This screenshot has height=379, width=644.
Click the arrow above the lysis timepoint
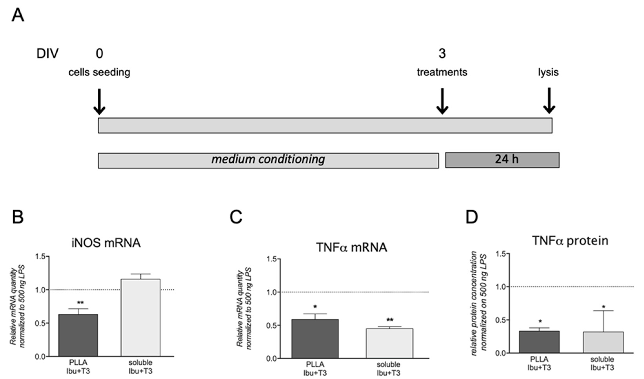coord(549,101)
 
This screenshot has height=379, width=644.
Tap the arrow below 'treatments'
coord(442,101)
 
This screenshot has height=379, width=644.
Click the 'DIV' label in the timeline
coord(47,54)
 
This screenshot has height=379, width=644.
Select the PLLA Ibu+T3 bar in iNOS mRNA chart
coord(78,335)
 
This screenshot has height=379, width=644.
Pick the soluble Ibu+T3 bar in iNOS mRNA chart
coord(141,318)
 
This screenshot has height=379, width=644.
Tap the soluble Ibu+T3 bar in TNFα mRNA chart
coord(390,343)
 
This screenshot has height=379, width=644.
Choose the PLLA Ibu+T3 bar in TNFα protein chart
coord(539,342)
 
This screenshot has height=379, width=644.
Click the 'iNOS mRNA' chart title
coord(106,243)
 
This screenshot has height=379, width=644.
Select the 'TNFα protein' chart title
coord(570,241)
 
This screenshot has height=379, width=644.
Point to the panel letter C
coord(236,218)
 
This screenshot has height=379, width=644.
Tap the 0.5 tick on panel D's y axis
coord(500,320)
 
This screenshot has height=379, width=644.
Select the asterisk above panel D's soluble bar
coord(603,307)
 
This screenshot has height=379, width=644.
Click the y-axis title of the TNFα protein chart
coord(479,303)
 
